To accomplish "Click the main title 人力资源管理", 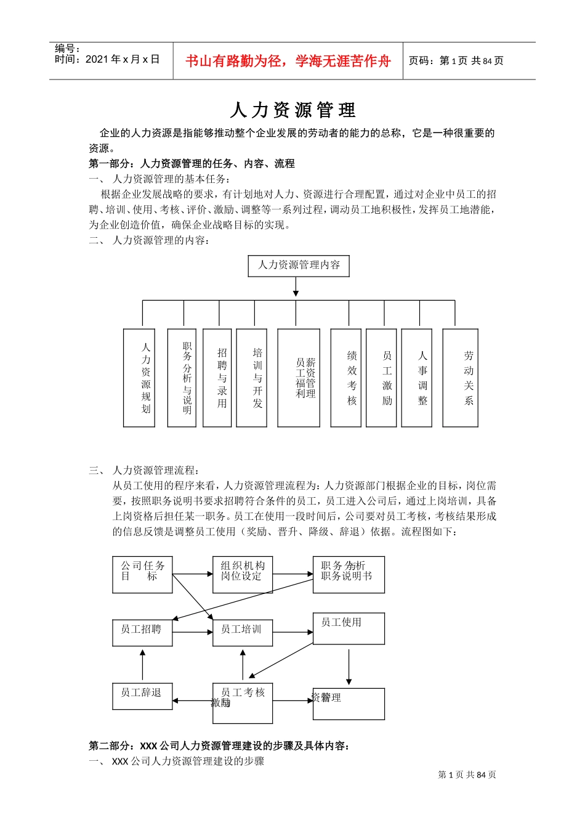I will tap(292, 110).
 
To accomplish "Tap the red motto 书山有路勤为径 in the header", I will tap(288, 61).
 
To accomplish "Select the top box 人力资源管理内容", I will tap(299, 266).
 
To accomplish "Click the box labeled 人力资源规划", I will tap(139, 378).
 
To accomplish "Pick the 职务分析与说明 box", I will tap(182, 378).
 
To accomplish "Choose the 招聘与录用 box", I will tap(217, 378).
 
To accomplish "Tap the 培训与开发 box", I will tap(252, 378).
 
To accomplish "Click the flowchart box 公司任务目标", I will tap(142, 575).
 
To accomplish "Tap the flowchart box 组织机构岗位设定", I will tap(243, 575).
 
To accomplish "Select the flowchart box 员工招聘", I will tap(142, 633).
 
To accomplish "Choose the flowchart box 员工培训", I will tap(243, 633).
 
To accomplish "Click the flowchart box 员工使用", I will tap(349, 628).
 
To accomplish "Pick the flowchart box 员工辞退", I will tap(142, 696).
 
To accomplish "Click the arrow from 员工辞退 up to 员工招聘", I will tap(142, 665).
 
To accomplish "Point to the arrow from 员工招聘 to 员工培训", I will tap(193, 633).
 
